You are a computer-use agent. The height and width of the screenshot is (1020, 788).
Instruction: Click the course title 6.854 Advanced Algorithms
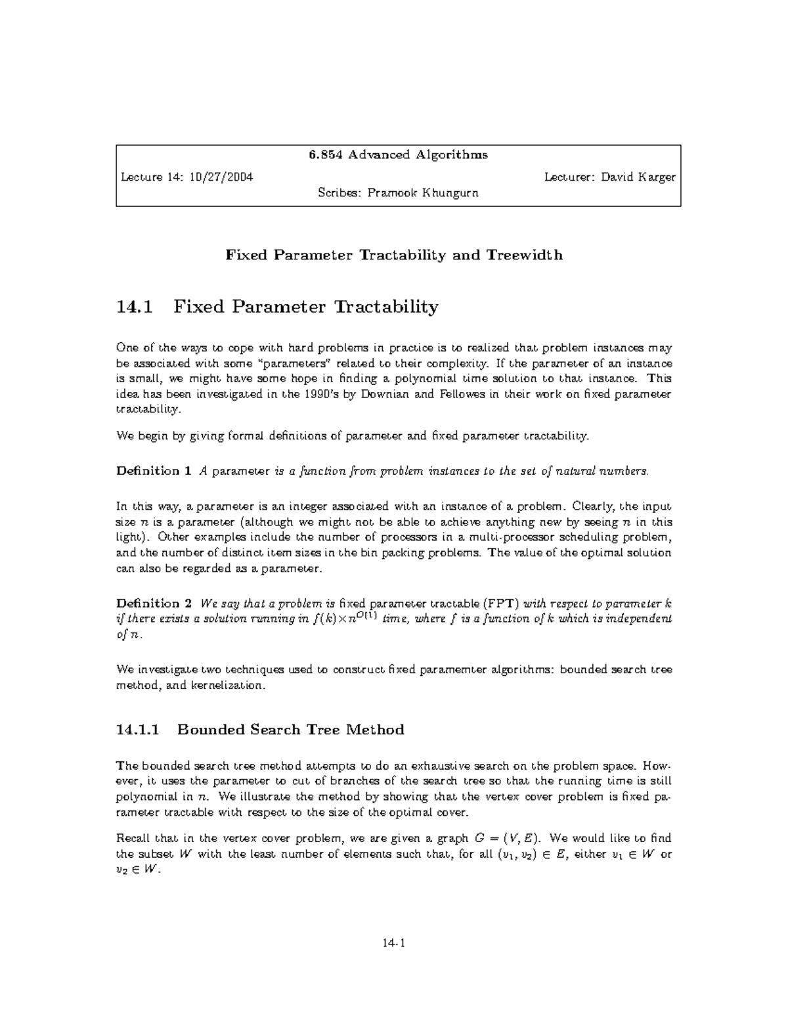click(x=398, y=155)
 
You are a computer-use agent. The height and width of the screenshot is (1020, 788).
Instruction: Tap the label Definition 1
click(x=154, y=471)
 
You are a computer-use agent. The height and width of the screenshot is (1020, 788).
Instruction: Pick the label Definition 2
click(x=154, y=604)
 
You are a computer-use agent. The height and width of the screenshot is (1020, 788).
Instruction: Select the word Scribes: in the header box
click(x=339, y=193)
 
